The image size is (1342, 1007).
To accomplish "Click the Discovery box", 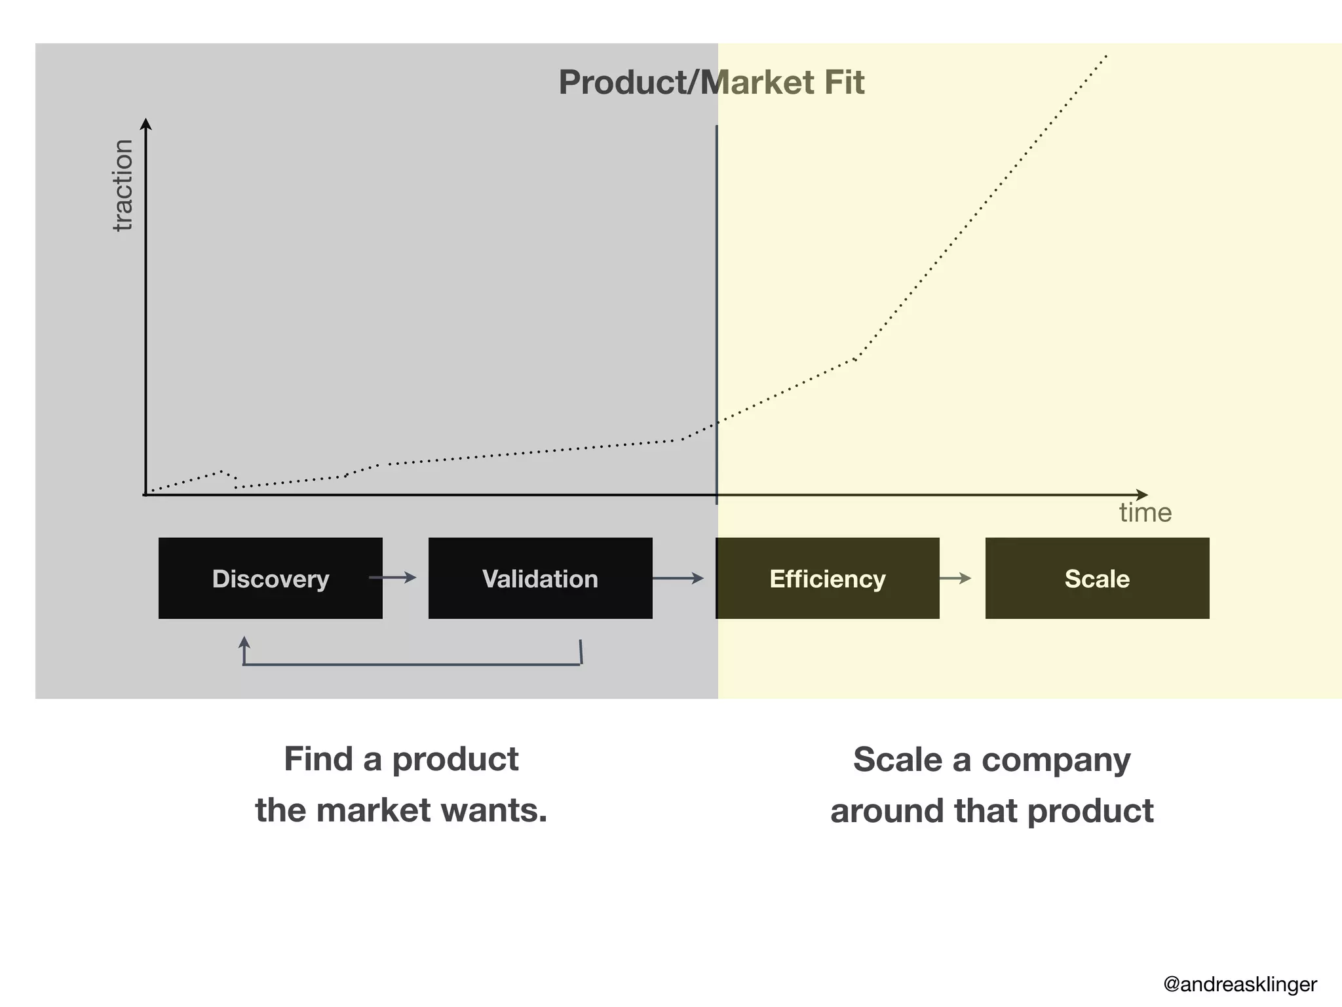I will [270, 578].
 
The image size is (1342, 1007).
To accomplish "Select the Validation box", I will [540, 578].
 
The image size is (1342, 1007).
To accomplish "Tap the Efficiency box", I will [827, 578].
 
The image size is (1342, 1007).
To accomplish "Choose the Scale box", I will [1097, 578].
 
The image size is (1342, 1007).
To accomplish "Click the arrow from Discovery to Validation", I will [393, 578].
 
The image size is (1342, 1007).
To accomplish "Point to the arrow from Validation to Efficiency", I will [678, 578].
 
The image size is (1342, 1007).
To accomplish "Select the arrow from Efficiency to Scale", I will [955, 578].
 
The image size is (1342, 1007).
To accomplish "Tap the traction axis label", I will [123, 186].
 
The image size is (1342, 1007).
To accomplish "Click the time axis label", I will [1145, 513].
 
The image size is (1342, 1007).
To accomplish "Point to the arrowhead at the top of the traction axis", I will [146, 124].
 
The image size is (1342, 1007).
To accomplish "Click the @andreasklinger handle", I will [1240, 984].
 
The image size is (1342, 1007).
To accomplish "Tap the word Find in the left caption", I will [318, 759].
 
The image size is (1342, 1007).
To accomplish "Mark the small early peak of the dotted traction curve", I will [221, 471].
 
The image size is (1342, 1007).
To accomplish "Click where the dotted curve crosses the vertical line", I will [717, 422].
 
